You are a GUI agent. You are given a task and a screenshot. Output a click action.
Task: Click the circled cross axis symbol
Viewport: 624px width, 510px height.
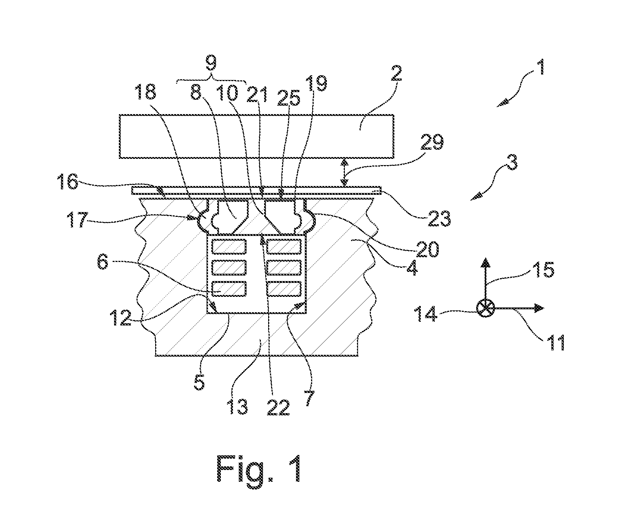(x=486, y=308)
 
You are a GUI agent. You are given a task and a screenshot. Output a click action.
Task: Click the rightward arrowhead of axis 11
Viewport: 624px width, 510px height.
(x=539, y=308)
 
